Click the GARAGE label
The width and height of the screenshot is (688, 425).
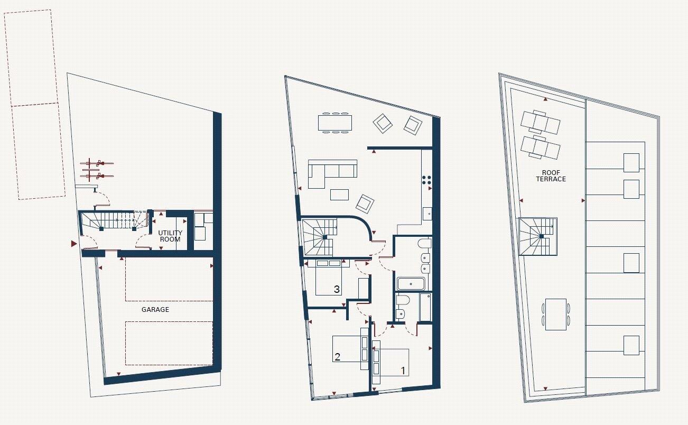[155, 309]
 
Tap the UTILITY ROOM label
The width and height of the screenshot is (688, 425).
[170, 236]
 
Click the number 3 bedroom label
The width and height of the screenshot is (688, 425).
[337, 289]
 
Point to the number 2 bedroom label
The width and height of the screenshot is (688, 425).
[337, 357]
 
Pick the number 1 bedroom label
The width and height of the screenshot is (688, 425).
[403, 371]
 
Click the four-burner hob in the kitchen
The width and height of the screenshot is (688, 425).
[427, 180]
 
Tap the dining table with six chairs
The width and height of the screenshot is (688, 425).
[335, 122]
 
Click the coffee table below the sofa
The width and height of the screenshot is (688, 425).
[340, 195]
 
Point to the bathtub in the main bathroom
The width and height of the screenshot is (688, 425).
[411, 284]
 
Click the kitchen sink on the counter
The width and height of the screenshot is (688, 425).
[427, 214]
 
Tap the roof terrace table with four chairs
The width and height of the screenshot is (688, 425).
[555, 314]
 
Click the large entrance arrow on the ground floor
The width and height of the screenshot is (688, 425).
[74, 243]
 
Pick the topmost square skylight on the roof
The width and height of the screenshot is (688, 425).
[631, 162]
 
